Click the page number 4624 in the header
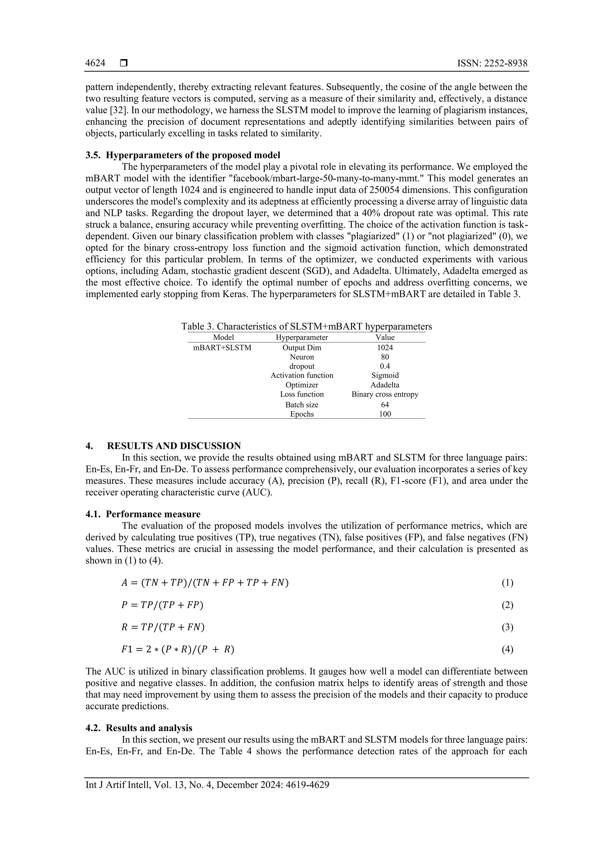95,63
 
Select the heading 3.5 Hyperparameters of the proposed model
183,155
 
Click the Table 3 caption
306,326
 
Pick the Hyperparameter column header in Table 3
302,337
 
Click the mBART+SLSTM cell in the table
222,347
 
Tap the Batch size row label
302,405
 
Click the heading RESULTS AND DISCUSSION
174,446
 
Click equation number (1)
507,583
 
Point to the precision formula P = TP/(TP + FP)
162,605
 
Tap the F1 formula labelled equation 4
178,649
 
